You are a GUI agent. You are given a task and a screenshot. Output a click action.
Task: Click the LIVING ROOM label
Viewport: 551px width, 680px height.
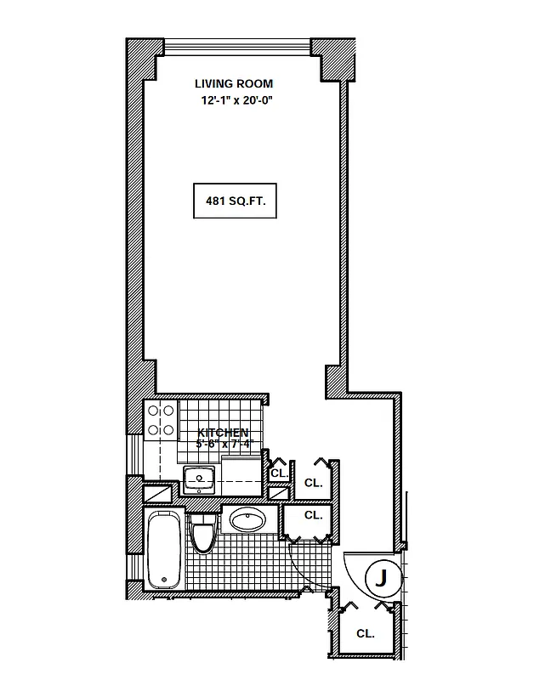(x=234, y=83)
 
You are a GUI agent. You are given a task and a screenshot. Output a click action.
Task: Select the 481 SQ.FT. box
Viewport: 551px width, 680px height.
(x=236, y=202)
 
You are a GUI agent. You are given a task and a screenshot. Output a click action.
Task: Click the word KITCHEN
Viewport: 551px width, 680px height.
(x=224, y=433)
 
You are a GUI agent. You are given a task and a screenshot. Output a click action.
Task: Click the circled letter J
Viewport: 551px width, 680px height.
(x=382, y=579)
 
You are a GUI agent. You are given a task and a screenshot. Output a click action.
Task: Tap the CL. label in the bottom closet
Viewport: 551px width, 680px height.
(x=366, y=633)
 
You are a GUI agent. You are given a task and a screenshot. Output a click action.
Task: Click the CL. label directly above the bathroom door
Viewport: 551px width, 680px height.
(x=313, y=515)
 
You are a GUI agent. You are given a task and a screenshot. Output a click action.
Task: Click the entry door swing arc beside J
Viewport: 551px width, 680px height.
(x=352, y=565)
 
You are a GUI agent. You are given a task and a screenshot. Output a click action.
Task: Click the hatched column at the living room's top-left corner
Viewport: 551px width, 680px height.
(x=141, y=57)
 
